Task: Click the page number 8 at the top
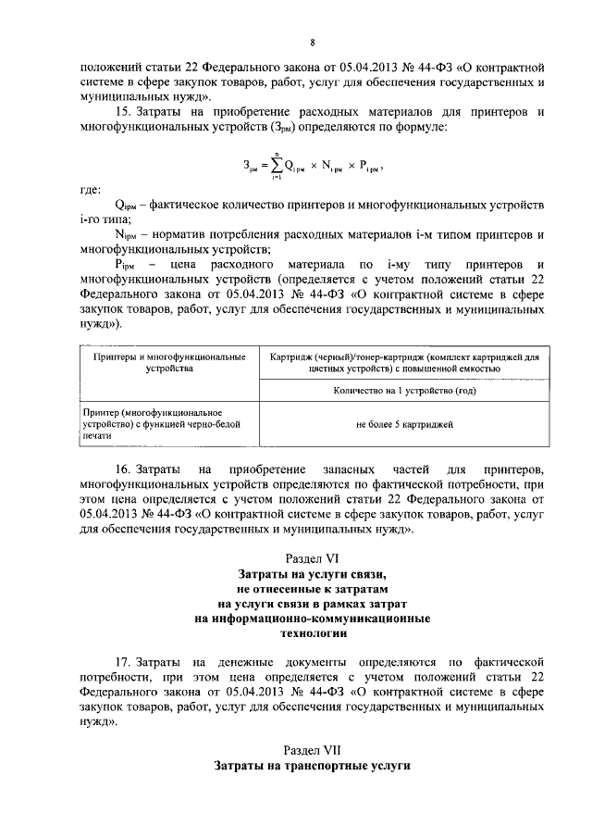tap(311, 43)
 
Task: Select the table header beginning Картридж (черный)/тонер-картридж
tap(401, 361)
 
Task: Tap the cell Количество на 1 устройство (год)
tap(401, 392)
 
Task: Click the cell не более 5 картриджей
tap(401, 424)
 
